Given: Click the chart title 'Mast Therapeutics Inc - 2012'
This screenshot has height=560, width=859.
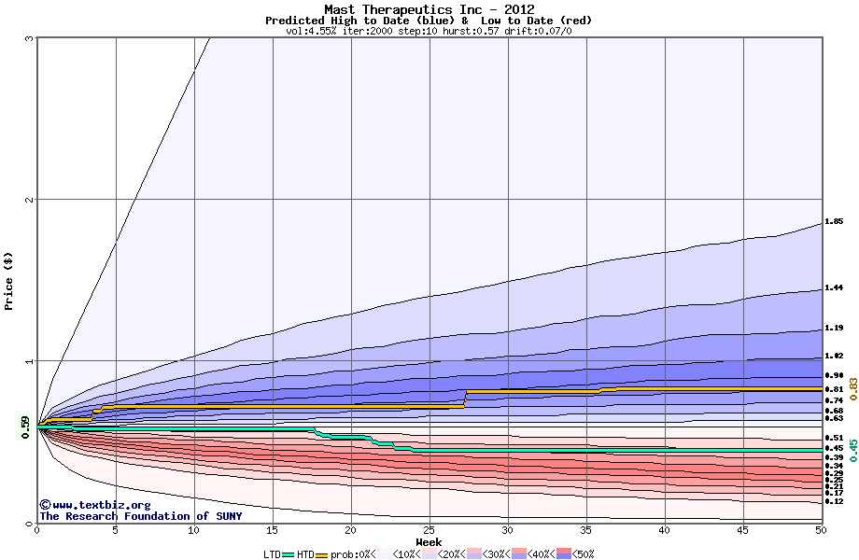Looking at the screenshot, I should [429, 9].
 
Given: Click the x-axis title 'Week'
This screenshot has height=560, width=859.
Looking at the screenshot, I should [429, 541].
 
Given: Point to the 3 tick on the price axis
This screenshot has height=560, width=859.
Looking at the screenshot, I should [30, 38].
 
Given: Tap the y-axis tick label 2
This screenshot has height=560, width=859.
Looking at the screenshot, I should [30, 200].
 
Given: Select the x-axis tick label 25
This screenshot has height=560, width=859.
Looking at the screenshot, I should [429, 530].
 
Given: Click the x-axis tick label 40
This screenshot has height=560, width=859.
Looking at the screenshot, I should [664, 530].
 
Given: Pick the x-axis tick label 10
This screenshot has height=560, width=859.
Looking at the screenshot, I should [193, 530].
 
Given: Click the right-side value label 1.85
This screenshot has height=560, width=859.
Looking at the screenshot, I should [834, 222].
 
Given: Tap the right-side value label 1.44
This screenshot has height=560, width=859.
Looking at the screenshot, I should [834, 288].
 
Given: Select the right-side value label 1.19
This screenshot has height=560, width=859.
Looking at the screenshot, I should [834, 329].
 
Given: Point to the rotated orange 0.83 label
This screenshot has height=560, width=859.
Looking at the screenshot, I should [852, 388].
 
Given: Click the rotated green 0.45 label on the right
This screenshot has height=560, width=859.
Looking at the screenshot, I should [852, 450].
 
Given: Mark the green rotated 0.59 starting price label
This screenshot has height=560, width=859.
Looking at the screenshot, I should [25, 427].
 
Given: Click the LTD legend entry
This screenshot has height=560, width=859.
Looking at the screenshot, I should [273, 553].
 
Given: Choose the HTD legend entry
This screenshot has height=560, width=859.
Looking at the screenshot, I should [305, 553].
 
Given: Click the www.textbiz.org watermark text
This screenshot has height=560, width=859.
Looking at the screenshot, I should [88, 505].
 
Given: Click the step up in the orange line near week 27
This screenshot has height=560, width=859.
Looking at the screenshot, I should [465, 399].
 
